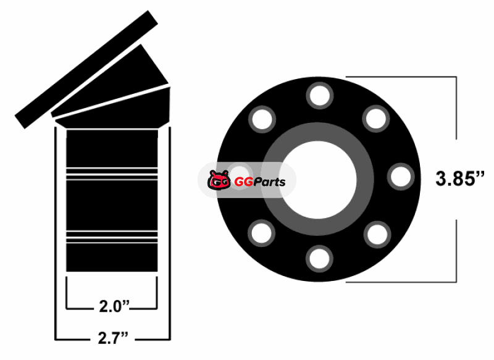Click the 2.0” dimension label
click(x=114, y=306)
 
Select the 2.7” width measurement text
click(x=113, y=338)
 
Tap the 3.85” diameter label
click(x=459, y=178)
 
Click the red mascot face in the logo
click(x=219, y=180)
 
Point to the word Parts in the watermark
click(x=269, y=182)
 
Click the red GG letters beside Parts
click(x=243, y=182)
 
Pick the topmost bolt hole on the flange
click(x=320, y=96)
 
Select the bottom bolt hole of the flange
click(x=319, y=259)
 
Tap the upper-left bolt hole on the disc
click(x=262, y=119)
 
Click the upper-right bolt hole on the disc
click(x=376, y=119)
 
